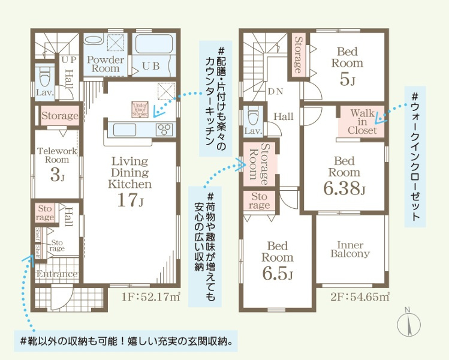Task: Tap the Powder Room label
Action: point(106,64)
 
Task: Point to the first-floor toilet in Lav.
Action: point(45,77)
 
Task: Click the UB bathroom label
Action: point(150,67)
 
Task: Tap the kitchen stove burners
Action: point(165,129)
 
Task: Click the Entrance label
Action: point(56,274)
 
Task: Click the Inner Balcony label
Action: point(351,250)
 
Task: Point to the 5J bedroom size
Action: point(345,79)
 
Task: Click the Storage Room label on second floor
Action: point(260,164)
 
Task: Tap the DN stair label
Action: point(275,92)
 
